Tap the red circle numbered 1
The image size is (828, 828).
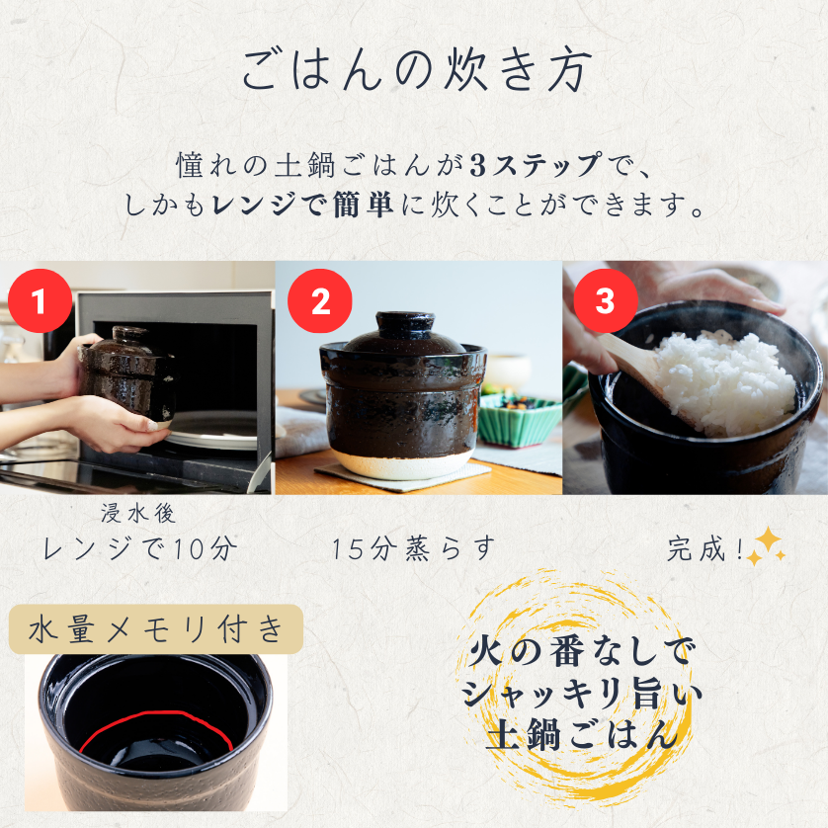click(x=40, y=300)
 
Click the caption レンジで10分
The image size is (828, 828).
click(x=140, y=548)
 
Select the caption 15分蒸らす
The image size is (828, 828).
click(x=413, y=548)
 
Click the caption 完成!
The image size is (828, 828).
click(x=705, y=548)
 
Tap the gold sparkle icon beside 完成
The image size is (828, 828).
click(x=766, y=546)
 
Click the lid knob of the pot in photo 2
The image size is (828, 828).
click(x=405, y=322)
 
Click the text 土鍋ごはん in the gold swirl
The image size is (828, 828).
click(x=583, y=736)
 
